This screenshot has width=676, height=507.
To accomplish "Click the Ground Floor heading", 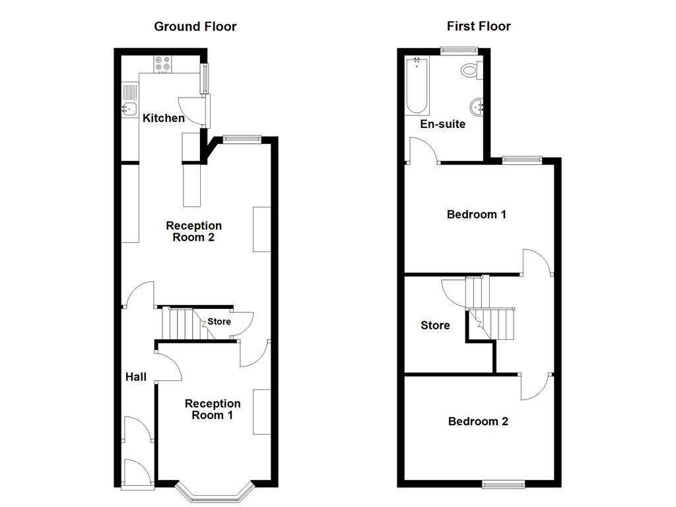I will [x=195, y=26].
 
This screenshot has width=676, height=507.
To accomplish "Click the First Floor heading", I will [x=479, y=26].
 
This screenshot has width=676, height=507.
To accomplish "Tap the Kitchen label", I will [x=164, y=118].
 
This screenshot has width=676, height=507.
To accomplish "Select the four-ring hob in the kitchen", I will [x=162, y=63].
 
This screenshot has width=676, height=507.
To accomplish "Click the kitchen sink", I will [x=129, y=109].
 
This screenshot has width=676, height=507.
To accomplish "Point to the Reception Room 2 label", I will [x=193, y=232].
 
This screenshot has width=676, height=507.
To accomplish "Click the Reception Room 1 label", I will [x=213, y=409].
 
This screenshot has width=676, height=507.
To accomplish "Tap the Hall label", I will [x=136, y=377].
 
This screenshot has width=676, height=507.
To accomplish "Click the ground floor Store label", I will [x=219, y=321].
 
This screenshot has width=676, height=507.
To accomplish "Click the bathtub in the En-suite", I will [x=417, y=86].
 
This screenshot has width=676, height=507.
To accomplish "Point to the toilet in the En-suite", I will [x=471, y=69].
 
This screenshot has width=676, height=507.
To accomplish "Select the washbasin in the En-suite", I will [x=476, y=106].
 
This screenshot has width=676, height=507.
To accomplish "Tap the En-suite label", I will [x=443, y=124].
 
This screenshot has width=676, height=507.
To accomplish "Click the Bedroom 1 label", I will [x=477, y=215].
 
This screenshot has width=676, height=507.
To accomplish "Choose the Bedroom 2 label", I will [x=478, y=421].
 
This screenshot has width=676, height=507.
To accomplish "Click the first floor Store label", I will [x=436, y=325].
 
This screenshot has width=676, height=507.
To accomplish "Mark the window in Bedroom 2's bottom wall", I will [x=504, y=485].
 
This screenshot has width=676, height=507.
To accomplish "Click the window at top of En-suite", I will [x=459, y=49].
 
